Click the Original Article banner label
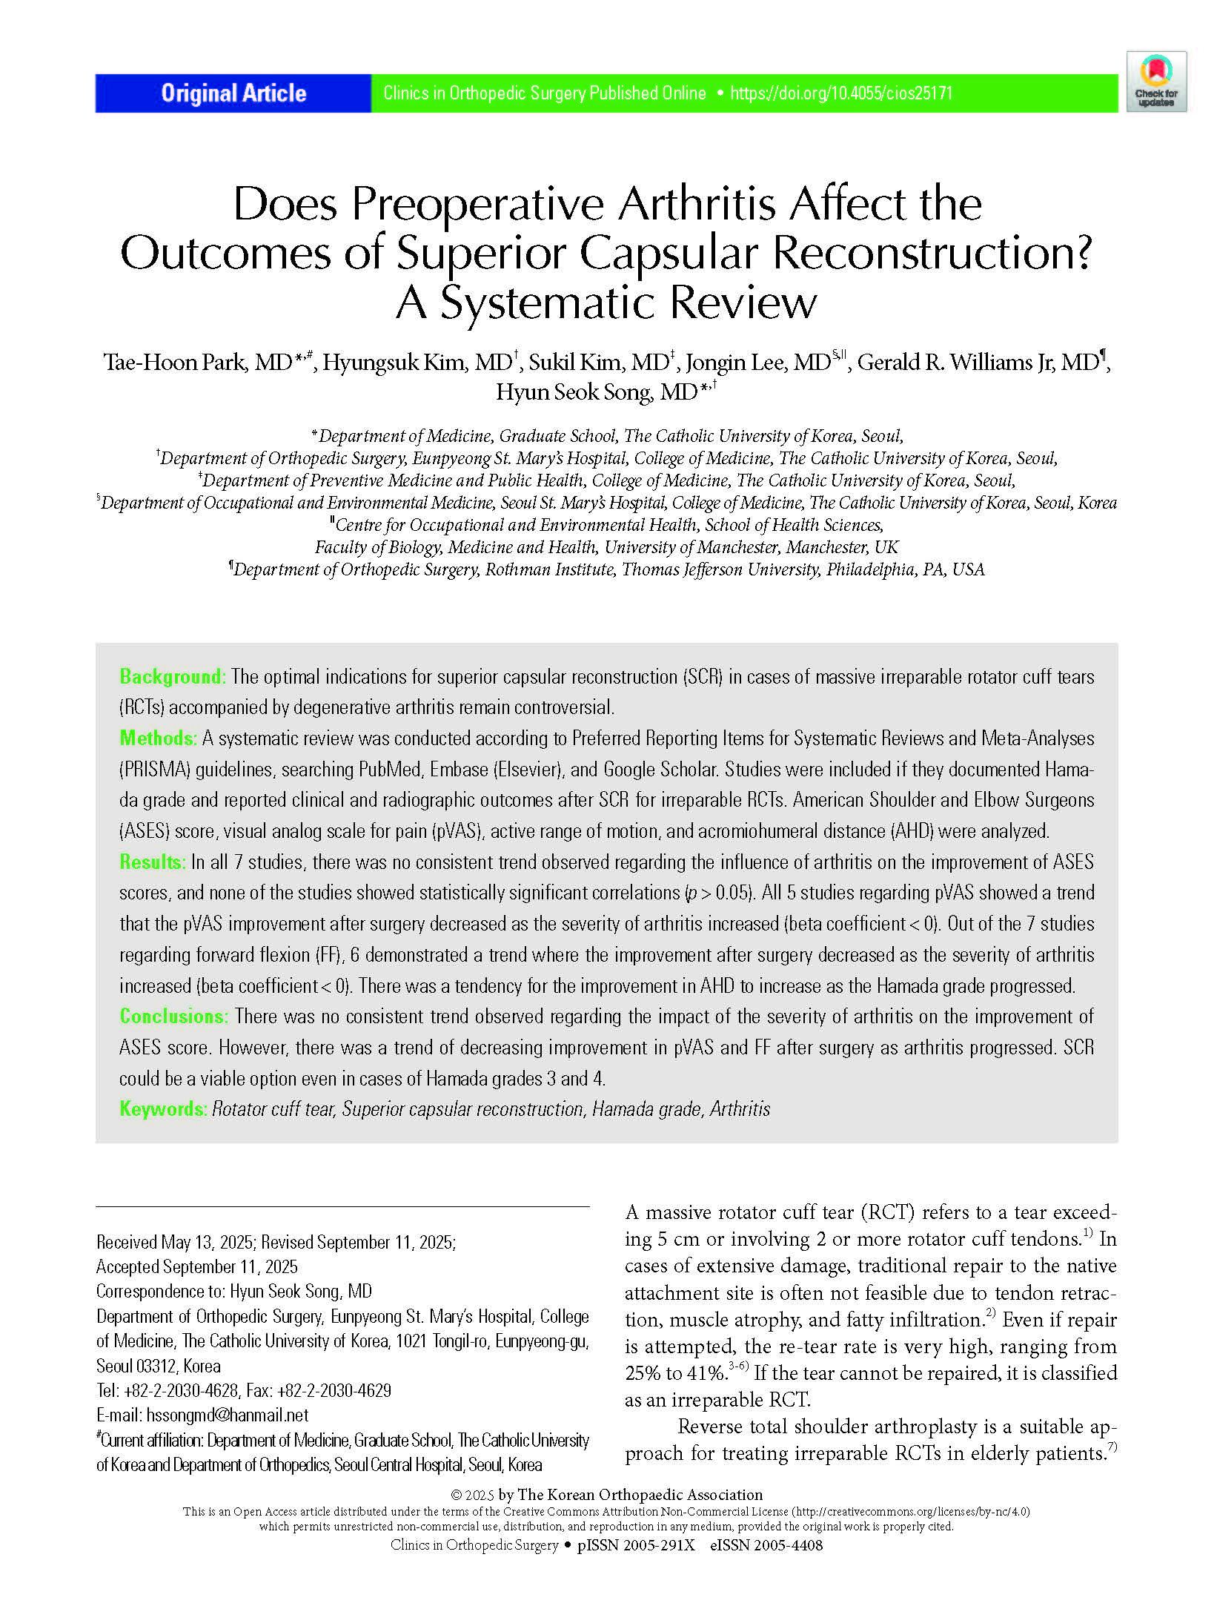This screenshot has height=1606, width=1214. (x=233, y=93)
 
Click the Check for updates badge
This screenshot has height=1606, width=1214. (x=1155, y=82)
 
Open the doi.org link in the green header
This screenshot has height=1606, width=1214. (x=841, y=93)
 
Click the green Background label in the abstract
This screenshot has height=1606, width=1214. (x=171, y=677)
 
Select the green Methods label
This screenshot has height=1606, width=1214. (x=158, y=738)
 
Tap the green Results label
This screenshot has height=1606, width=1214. (x=152, y=862)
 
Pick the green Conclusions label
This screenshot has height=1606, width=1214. (x=173, y=1017)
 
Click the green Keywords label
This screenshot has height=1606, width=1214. (x=162, y=1109)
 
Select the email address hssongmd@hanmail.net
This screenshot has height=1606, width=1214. (x=228, y=1415)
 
